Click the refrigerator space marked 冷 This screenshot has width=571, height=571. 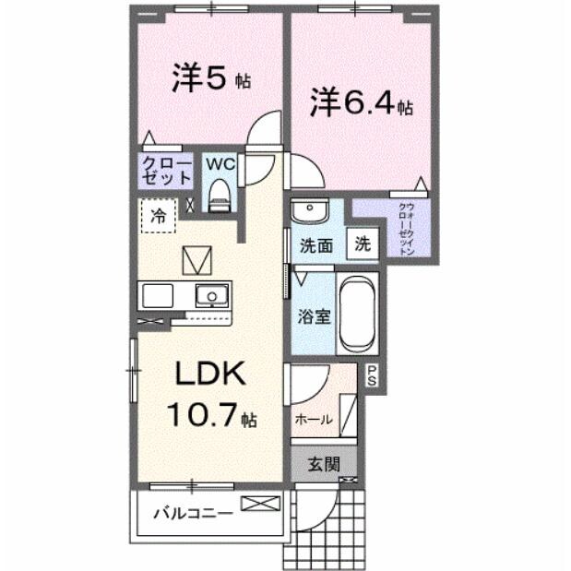tap(158, 217)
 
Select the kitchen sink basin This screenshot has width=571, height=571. tap(212, 295)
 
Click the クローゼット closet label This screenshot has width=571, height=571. tap(167, 171)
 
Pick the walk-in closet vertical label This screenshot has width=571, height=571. tap(404, 223)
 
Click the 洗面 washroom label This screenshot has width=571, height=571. tap(315, 246)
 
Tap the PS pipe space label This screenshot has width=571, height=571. tap(372, 375)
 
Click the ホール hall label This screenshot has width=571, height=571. tap(313, 420)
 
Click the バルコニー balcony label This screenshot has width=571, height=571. tap(192, 512)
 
